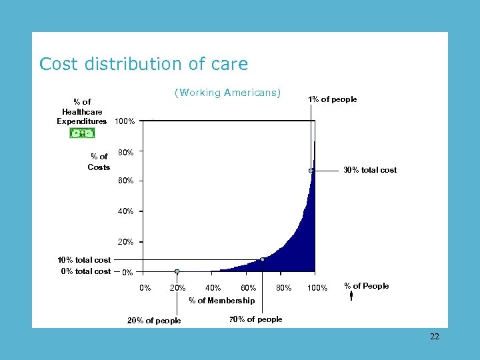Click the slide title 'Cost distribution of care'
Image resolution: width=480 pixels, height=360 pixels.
(143, 64)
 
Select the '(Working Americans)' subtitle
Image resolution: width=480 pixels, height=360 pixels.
(227, 93)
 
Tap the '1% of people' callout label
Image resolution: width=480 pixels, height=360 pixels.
(332, 99)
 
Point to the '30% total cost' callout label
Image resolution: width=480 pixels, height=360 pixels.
(369, 170)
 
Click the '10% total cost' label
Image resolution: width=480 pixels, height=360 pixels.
(84, 260)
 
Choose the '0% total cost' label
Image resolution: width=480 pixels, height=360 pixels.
(85, 271)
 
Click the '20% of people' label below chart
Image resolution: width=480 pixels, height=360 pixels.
(154, 321)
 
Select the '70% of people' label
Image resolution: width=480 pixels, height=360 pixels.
(255, 319)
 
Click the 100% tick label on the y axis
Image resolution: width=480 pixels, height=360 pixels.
(125, 122)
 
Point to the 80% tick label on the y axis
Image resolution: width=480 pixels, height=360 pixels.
(125, 153)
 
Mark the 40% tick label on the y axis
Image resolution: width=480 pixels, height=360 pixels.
(125, 211)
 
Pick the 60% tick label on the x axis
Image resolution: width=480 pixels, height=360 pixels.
(248, 288)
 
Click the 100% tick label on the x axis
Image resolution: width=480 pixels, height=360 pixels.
(317, 288)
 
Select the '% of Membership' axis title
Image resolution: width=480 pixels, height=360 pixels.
(221, 301)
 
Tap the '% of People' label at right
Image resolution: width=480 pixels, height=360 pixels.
(366, 286)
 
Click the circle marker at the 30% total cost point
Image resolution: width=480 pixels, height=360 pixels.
(311, 171)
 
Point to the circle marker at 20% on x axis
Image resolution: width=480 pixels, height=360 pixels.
(177, 271)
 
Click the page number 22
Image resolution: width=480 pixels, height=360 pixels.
(435, 337)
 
